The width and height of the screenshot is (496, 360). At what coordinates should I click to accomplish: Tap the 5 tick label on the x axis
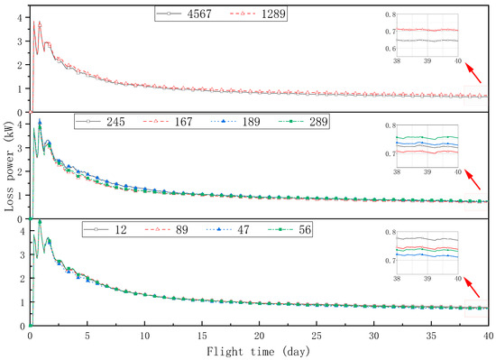click(87, 336)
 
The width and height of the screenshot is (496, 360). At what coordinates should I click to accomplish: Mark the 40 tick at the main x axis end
click(487, 336)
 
